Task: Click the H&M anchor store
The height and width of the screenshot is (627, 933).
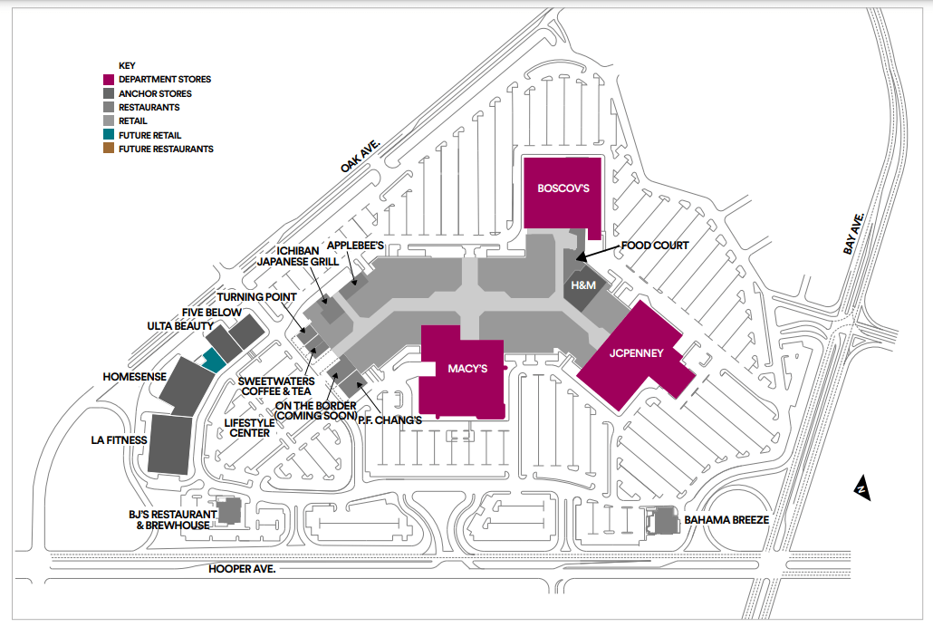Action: [x=581, y=285]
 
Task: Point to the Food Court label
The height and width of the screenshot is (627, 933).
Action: [x=655, y=246]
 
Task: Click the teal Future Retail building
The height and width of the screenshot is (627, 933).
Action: [x=214, y=360]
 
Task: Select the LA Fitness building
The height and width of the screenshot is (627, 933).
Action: [x=168, y=443]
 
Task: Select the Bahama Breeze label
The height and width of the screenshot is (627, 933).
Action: [x=726, y=520]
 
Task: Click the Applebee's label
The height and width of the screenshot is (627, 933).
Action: [x=357, y=246]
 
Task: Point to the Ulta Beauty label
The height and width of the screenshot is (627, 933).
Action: [x=180, y=326]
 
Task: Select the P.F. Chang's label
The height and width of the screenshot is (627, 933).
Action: [x=390, y=420]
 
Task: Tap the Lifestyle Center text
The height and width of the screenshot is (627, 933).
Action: [x=246, y=428]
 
